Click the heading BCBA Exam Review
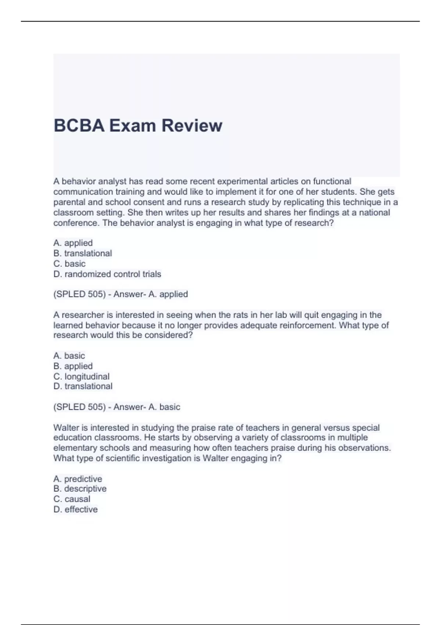tap(138, 126)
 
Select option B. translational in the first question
tap(83, 253)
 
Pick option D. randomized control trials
tap(107, 274)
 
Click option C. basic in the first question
tap(69, 264)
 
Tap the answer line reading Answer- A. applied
tap(121, 294)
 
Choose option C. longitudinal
tap(82, 376)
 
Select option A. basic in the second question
tap(69, 356)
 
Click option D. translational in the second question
tap(83, 386)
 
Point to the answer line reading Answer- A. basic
tap(117, 407)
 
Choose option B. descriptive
tap(80, 489)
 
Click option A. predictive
tap(78, 479)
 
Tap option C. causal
tap(72, 499)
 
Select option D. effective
tap(76, 510)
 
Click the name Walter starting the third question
tap(65, 428)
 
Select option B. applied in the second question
tap(73, 366)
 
